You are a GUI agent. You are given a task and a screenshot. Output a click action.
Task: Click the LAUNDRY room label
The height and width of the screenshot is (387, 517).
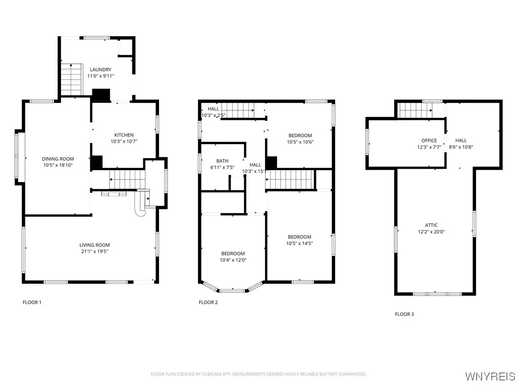(100, 70)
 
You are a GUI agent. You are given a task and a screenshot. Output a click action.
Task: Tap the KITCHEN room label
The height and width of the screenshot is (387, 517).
(124, 135)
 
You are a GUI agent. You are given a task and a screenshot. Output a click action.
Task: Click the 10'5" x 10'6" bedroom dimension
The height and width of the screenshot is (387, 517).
(300, 142)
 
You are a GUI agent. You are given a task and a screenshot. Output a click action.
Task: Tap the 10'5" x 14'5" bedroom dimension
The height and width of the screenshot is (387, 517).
(299, 244)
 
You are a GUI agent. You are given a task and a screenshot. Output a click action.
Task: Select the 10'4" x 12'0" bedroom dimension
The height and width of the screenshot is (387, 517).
(232, 260)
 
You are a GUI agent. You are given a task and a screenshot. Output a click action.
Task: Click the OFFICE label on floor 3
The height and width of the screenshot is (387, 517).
(429, 141)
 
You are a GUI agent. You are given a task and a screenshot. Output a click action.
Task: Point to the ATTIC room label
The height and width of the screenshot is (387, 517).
(431, 225)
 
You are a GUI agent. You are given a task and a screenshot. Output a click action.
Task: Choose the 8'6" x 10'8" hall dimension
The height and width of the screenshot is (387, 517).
(461, 147)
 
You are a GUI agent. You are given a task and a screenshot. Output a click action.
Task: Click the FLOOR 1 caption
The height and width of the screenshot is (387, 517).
(32, 302)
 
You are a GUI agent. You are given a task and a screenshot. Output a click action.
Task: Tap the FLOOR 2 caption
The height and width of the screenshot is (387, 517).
(208, 302)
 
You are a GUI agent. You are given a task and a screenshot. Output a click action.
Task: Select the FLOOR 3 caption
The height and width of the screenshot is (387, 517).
(404, 314)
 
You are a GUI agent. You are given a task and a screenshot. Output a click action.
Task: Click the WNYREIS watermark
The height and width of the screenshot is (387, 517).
(490, 376)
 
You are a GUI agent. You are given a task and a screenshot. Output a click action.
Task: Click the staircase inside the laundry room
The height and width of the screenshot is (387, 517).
(71, 79)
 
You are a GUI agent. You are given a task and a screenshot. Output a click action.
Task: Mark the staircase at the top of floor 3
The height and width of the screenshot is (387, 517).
(414, 110)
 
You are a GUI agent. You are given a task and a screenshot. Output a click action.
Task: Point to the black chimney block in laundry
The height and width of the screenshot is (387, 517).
(101, 94)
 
